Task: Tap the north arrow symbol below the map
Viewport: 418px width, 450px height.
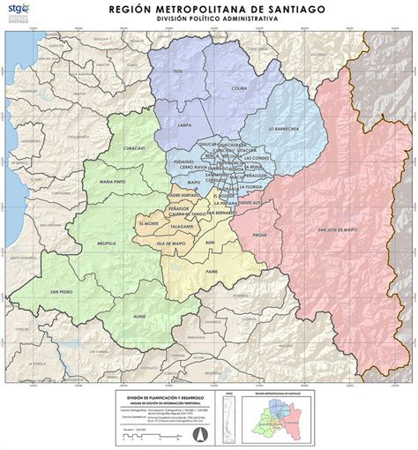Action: pyautogui.click(x=198, y=434)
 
